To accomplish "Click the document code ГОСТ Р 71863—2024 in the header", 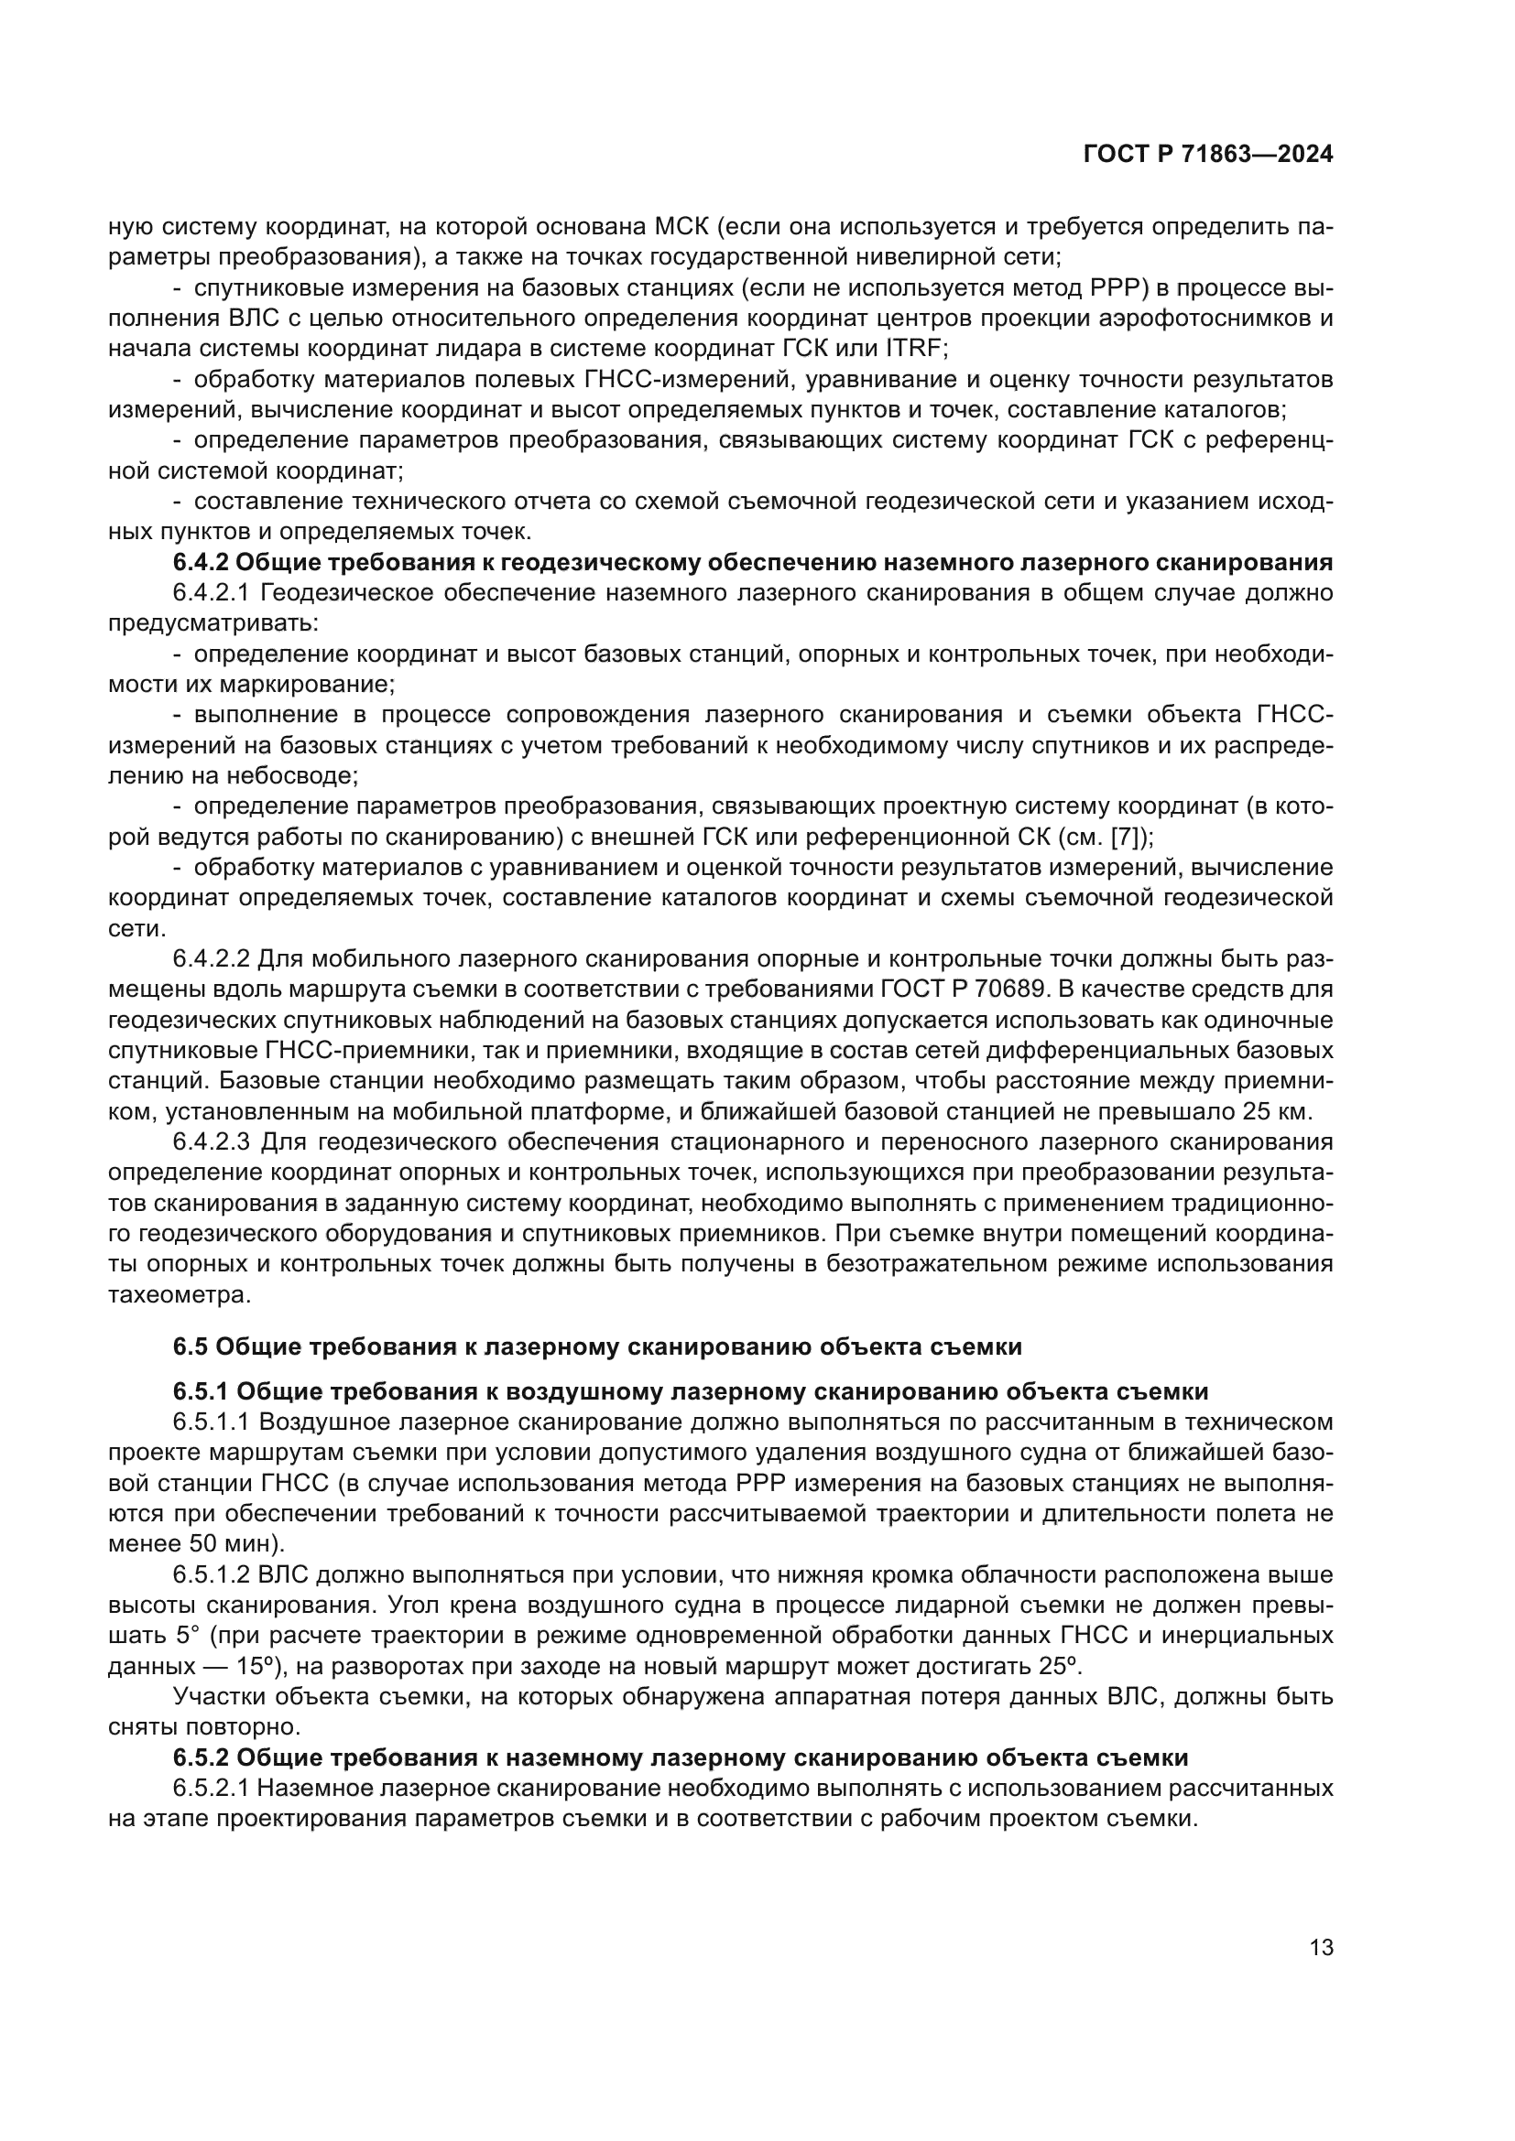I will pos(1208,155).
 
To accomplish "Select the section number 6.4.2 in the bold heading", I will pos(201,562).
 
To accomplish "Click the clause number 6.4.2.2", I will pos(211,958).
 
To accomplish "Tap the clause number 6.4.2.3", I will pos(211,1142).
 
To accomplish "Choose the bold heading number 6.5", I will pos(191,1346).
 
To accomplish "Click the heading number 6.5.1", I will pos(201,1391).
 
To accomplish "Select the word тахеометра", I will pos(180,1295).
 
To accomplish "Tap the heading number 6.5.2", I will pos(201,1757).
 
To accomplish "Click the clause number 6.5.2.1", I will pos(211,1789).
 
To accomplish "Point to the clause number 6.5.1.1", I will pos(211,1422).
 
